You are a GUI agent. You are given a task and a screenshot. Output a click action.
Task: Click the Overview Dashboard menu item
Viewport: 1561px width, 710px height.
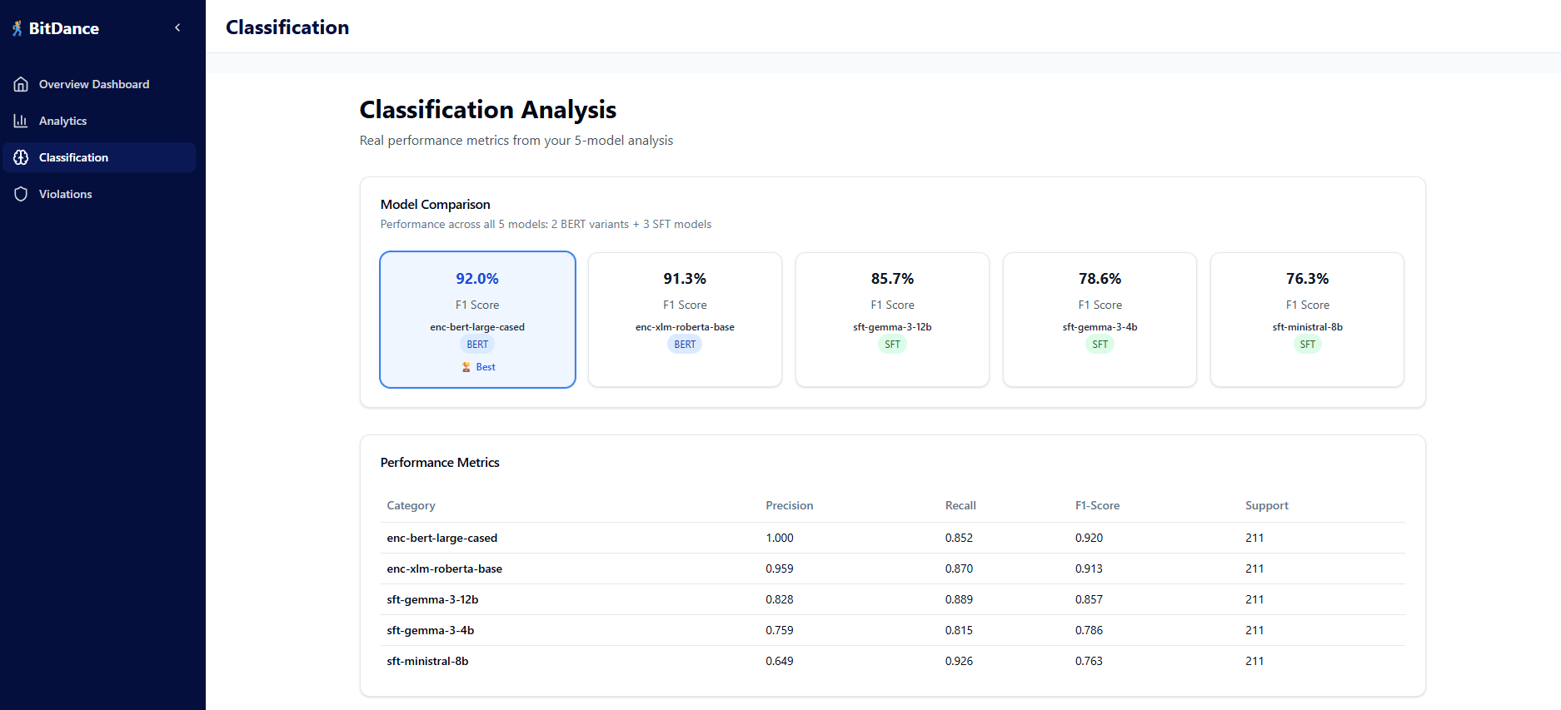[93, 84]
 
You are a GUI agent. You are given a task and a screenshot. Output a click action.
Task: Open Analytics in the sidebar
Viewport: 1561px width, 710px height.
[62, 121]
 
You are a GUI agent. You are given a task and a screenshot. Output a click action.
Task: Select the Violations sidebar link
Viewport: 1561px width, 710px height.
[65, 194]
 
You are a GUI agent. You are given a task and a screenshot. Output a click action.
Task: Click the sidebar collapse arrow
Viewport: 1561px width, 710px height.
[177, 27]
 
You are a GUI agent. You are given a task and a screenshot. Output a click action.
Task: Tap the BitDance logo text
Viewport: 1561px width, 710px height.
[63, 28]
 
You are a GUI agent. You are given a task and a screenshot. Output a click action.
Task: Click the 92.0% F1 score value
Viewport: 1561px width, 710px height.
[477, 279]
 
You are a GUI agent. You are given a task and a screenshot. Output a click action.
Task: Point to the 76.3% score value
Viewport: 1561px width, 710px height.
[1307, 279]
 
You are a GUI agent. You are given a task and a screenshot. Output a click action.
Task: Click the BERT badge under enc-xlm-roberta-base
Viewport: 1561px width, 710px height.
[685, 345]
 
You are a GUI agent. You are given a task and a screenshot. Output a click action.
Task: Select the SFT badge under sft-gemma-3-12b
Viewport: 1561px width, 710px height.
[892, 345]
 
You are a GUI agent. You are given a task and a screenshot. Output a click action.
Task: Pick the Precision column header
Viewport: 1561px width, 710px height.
[789, 505]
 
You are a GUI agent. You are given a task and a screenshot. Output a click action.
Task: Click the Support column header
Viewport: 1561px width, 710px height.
[1266, 505]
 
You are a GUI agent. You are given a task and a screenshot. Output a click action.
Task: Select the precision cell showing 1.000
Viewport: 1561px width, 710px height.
[780, 538]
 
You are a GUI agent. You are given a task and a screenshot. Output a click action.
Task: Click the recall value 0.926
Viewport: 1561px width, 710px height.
[959, 661]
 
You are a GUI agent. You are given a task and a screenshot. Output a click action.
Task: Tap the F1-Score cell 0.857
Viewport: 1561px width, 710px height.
[1089, 599]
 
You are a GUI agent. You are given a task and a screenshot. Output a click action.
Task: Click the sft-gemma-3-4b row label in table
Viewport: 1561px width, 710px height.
[430, 630]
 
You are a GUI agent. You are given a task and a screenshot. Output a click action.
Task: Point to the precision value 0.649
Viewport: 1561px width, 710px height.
[780, 661]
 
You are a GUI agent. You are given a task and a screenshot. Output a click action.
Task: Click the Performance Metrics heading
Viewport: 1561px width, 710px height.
[440, 463]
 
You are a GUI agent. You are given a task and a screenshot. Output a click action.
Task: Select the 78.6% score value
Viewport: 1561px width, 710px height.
[1100, 279]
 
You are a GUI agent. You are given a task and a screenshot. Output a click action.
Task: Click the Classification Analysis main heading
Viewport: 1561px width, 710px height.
[488, 110]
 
